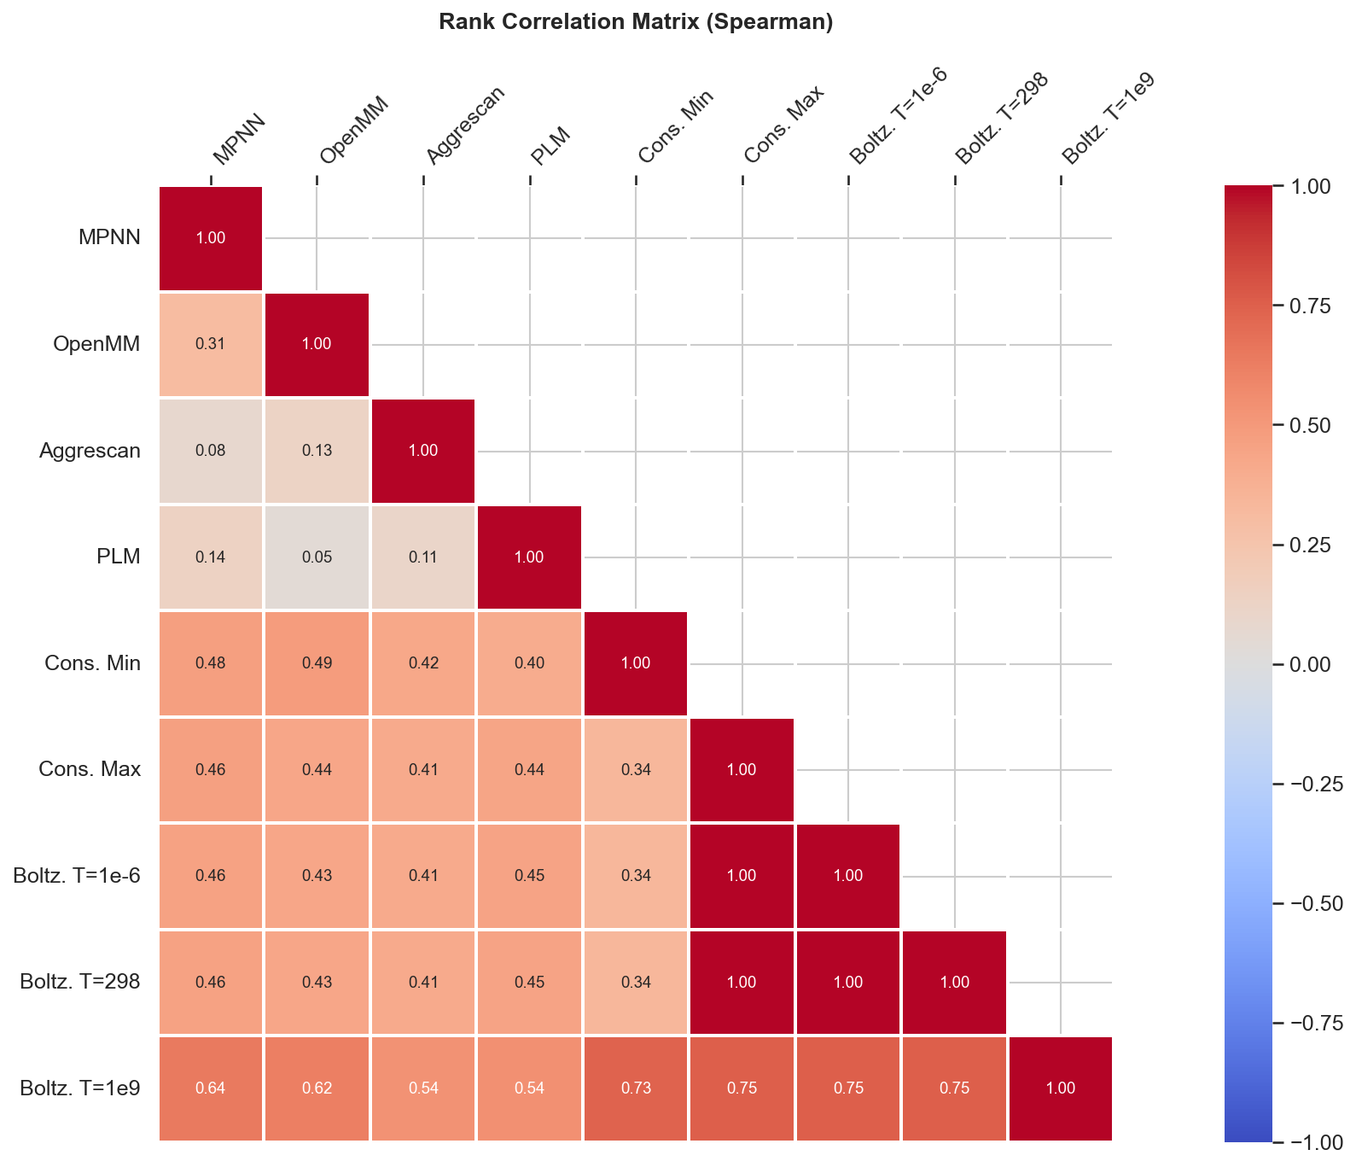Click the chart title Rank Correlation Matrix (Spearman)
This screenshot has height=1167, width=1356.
636,22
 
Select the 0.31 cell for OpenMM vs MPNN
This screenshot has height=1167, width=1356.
211,344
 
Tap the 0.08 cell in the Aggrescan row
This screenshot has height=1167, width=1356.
211,451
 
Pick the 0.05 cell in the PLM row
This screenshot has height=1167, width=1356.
317,557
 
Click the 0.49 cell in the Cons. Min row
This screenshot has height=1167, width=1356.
317,663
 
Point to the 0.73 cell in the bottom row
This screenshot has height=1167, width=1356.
636,1088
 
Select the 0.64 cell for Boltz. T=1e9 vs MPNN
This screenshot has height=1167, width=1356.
211,1088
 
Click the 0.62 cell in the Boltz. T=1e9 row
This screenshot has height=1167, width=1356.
317,1088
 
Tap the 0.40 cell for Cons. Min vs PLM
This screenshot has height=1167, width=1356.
529,663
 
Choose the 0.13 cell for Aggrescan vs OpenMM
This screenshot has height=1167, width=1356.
317,451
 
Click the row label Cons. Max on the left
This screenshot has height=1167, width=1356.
90,770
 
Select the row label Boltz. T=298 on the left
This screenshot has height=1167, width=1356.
79,983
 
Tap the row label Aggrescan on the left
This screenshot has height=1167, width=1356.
90,451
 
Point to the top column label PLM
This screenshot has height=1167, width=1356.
550,145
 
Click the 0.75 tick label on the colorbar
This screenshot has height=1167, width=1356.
1310,306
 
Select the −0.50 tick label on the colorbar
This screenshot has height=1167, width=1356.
1310,903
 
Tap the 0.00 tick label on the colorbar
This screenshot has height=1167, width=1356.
1310,664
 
